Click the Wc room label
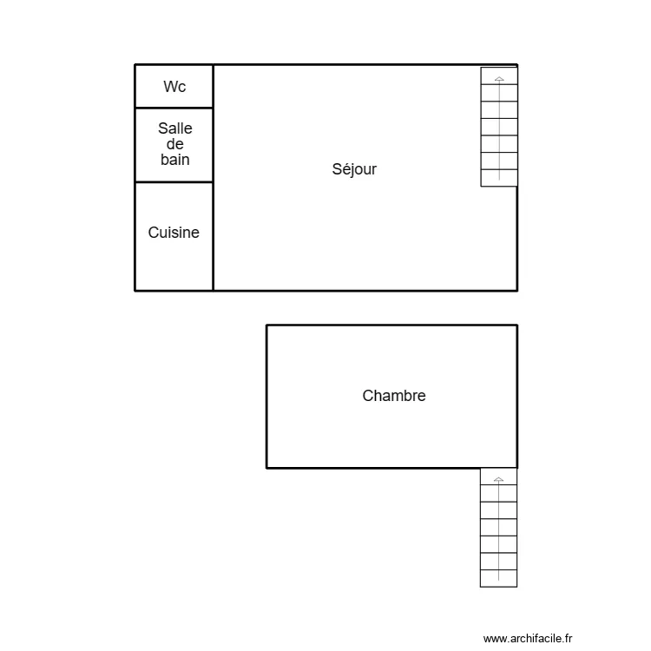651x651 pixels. point(174,87)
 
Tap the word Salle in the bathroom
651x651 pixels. point(174,128)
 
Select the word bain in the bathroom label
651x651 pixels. point(174,160)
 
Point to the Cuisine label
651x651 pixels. point(174,233)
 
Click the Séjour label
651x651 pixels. point(354,169)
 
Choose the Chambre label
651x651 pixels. point(394,396)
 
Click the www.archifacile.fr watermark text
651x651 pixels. point(528,638)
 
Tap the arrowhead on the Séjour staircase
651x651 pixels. point(499,79)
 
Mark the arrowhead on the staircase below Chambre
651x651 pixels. point(498,478)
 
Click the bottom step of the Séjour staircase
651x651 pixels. point(499,178)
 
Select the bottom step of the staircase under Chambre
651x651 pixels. point(498,578)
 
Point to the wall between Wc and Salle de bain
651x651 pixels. point(174,108)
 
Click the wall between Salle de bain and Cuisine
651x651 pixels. point(174,182)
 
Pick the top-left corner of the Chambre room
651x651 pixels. point(266,325)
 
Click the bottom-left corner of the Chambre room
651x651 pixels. point(266,468)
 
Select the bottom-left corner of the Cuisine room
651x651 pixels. point(135,290)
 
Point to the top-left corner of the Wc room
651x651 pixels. point(135,65)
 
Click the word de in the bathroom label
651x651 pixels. point(174,144)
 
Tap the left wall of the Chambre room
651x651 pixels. point(266,397)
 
